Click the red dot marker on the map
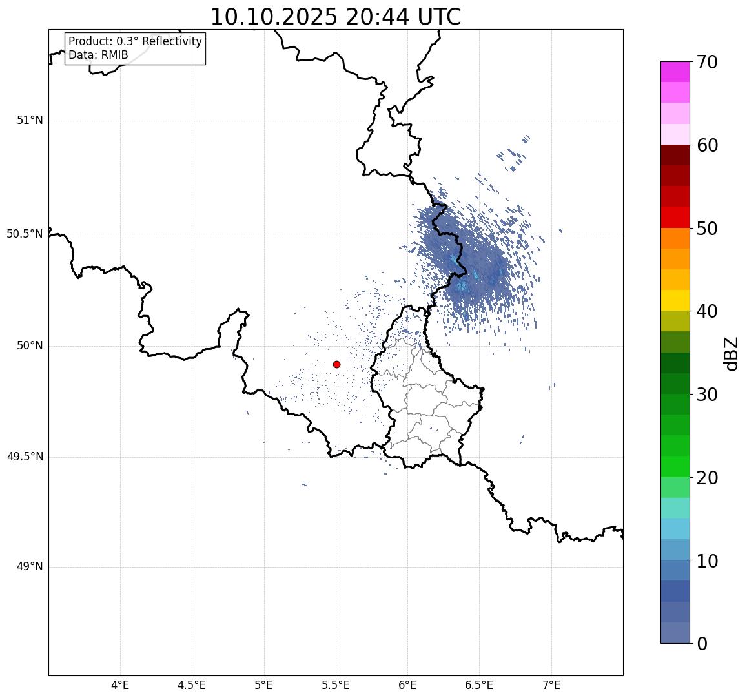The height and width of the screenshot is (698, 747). pos(336,364)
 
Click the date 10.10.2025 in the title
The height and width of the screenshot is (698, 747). pos(274,17)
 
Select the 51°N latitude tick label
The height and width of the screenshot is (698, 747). pos(30,120)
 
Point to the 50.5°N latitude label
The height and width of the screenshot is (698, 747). pos(25,234)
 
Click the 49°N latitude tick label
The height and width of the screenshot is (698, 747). pos(30,567)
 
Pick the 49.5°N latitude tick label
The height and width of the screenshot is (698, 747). pos(25,457)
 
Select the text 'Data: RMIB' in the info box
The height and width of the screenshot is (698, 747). pos(98,55)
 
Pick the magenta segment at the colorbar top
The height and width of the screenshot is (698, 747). pos(675,72)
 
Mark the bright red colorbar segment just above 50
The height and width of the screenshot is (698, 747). pos(675,218)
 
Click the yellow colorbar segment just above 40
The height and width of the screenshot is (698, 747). pos(675,300)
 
